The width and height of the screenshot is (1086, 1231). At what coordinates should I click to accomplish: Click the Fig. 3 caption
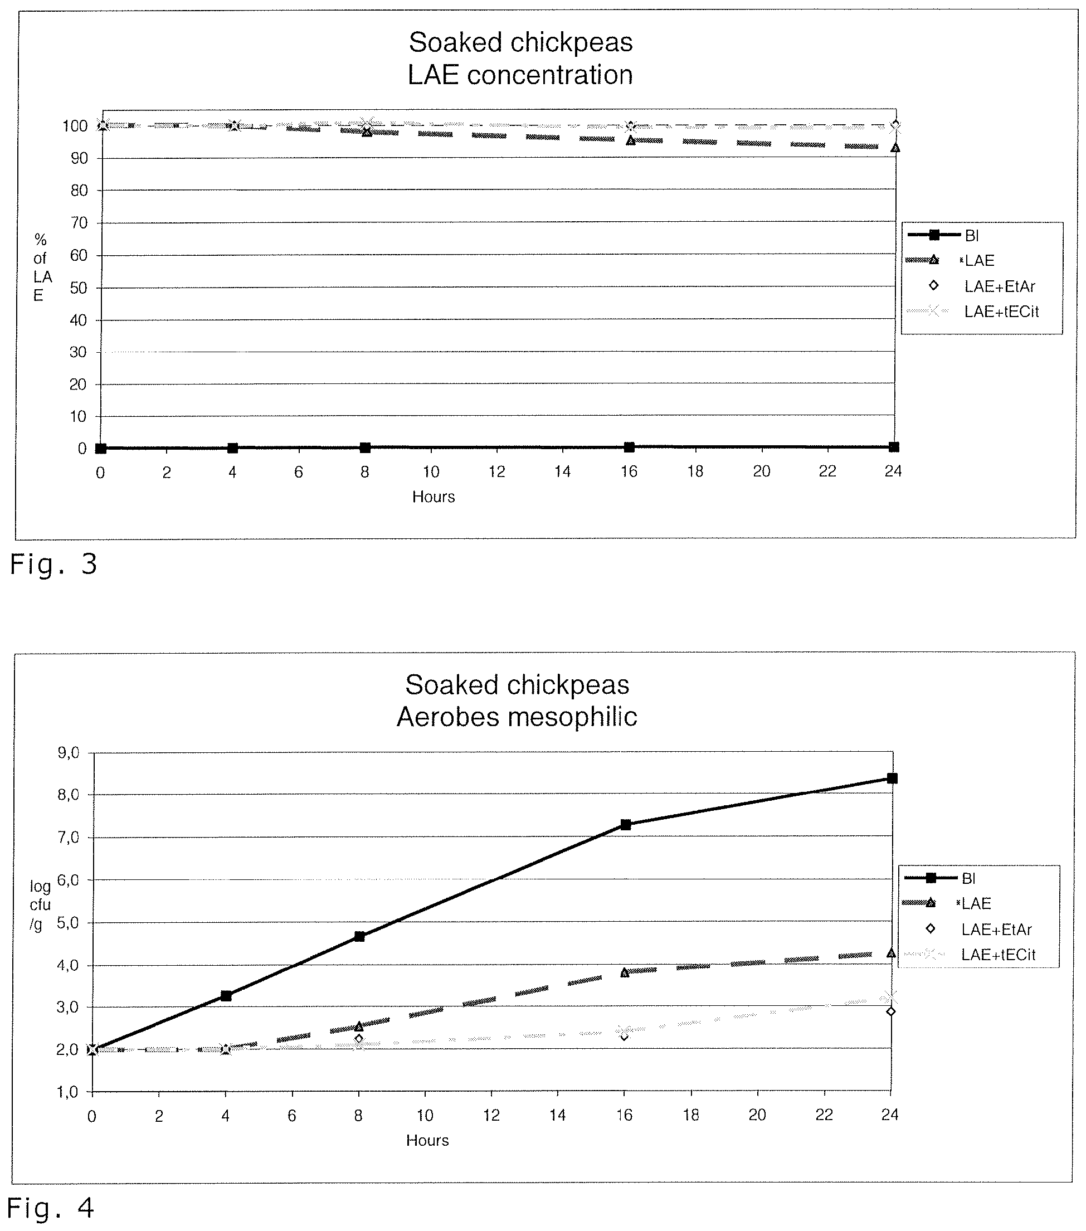(x=53, y=565)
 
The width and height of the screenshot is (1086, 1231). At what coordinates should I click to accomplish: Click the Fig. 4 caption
(x=51, y=1208)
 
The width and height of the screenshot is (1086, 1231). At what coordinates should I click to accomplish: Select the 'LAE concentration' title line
(x=520, y=75)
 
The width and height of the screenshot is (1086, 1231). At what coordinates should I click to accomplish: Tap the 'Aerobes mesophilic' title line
(x=517, y=717)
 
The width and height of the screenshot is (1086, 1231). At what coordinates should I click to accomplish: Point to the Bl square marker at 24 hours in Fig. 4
(x=892, y=778)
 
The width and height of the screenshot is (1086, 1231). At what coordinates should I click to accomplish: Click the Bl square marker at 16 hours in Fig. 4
(x=625, y=825)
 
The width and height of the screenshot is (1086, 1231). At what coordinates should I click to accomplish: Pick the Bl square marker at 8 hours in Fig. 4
(x=359, y=936)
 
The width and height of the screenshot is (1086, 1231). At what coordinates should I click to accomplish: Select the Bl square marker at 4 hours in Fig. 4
(x=226, y=995)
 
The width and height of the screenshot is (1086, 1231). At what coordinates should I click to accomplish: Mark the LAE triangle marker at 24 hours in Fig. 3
(x=895, y=148)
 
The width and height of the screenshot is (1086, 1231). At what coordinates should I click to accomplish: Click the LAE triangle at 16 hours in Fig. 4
(x=625, y=972)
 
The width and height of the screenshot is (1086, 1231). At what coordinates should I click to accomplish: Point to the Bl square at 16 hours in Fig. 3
(x=629, y=447)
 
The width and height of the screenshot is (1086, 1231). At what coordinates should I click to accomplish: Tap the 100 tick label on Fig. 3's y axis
(x=75, y=126)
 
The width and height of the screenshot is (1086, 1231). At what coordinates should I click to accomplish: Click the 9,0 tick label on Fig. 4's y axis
(x=68, y=753)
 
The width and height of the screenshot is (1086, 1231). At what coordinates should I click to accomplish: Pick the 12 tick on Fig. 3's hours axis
(x=496, y=471)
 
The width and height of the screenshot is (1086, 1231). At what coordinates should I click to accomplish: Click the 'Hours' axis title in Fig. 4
(x=427, y=1140)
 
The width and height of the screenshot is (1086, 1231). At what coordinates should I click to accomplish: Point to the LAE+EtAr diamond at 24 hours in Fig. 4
(x=891, y=1012)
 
